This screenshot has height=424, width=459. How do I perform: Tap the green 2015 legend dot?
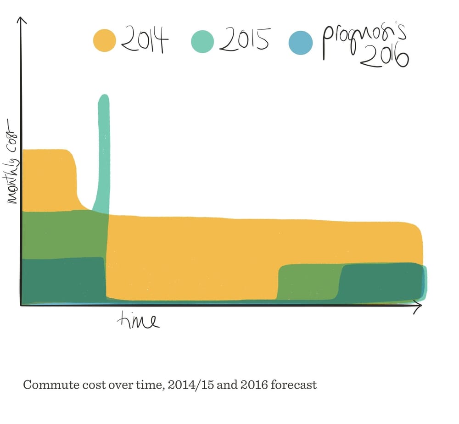coord(202,41)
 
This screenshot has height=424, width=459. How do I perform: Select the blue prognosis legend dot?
coord(301,43)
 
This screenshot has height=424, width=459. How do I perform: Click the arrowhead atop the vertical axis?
coord(21,21)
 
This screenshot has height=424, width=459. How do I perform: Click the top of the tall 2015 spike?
coord(104,97)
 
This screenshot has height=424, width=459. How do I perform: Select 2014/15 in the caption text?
coord(183,384)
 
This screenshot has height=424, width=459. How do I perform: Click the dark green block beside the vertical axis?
coord(62,280)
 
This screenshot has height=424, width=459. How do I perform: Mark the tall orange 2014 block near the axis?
coord(48,179)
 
